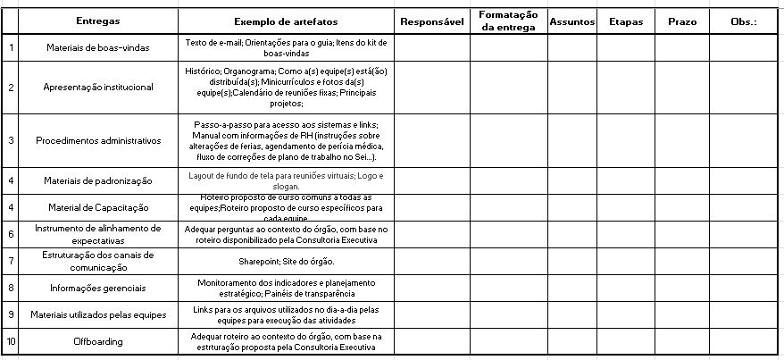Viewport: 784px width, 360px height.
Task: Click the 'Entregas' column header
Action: [x=98, y=21]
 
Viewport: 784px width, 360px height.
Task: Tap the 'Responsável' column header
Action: [x=432, y=21]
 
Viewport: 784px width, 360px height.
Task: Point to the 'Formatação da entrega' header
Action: [x=508, y=21]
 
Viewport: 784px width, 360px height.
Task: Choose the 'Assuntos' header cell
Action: [x=571, y=21]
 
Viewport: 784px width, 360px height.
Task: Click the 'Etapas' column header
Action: [x=625, y=21]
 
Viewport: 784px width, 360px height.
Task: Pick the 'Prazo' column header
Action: [x=682, y=21]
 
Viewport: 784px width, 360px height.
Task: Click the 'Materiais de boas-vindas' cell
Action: [x=98, y=47]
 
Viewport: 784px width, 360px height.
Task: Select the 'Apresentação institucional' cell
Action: [x=98, y=87]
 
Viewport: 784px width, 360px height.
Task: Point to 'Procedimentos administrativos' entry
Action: [x=98, y=140]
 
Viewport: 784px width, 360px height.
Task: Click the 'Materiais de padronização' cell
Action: [x=98, y=180]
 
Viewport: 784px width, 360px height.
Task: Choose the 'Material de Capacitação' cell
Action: [x=98, y=207]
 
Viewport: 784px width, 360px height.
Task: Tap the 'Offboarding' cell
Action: [x=98, y=341]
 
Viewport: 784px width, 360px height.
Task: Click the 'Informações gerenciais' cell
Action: [x=98, y=288]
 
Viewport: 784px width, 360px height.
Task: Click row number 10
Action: [x=11, y=341]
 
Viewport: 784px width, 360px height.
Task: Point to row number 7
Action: [x=11, y=261]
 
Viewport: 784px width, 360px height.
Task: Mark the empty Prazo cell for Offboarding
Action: [x=682, y=341]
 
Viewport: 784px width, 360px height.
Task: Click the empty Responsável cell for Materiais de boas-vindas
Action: [x=432, y=47]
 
